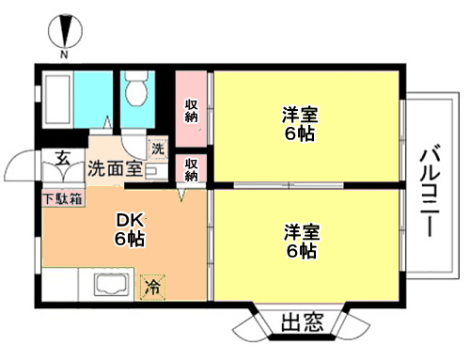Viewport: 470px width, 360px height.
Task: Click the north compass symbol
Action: coord(66,31)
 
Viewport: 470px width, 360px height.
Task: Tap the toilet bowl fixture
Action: coord(136,88)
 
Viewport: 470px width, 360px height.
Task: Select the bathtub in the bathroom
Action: coord(57,99)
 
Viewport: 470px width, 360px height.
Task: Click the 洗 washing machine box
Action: coord(158,149)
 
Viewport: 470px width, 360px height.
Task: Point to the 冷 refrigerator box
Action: coord(152,287)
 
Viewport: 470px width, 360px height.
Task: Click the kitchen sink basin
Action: coord(112,284)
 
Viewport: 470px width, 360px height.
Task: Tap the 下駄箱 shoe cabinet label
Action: coord(63,198)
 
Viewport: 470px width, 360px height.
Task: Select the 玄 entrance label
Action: coord(63,158)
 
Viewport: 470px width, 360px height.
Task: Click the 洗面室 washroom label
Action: coord(115,168)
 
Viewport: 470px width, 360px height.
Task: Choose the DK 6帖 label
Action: coord(130,229)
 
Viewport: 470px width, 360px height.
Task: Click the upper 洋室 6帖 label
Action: coord(300,124)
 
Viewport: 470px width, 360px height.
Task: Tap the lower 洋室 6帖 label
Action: coord(302,242)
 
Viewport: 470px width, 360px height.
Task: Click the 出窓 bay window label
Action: coord(302,322)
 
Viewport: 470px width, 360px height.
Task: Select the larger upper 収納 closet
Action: coord(191,109)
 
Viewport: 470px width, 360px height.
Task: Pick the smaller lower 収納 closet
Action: coord(191,168)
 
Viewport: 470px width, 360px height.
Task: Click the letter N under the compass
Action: coord(64,55)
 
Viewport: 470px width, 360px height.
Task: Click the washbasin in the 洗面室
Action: coord(157,171)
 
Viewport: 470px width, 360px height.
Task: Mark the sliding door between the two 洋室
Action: coord(289,185)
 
